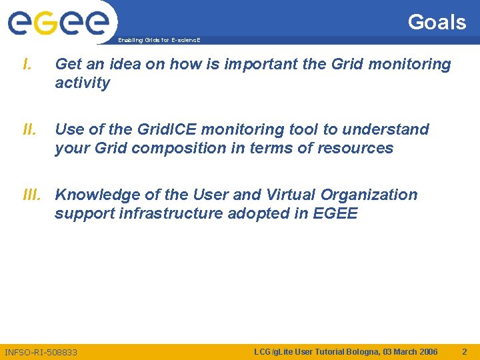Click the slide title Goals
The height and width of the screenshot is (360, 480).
[437, 22]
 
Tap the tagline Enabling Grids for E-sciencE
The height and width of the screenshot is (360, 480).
[159, 41]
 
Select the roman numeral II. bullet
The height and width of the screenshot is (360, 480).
[29, 129]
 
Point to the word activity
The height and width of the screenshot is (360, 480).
[82, 83]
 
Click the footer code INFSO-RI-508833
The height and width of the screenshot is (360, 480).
[41, 352]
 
